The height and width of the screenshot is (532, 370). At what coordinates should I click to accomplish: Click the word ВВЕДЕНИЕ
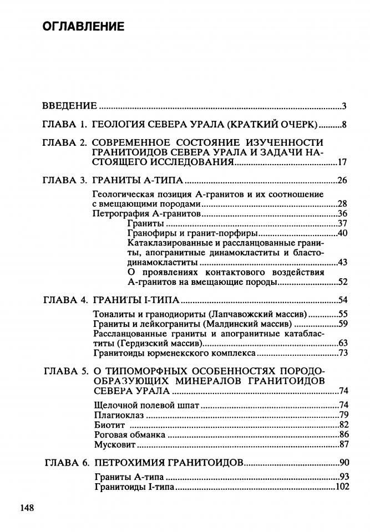coord(70,106)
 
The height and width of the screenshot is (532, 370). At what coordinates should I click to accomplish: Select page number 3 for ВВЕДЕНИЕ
coord(344,106)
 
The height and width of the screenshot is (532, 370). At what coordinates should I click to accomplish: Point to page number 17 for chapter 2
coord(342,162)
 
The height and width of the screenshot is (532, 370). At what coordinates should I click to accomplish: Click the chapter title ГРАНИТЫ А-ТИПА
coord(137,181)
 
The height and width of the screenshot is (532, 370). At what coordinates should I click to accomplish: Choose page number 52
coord(342,282)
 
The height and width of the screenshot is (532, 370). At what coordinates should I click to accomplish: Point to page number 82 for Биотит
coord(342,424)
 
